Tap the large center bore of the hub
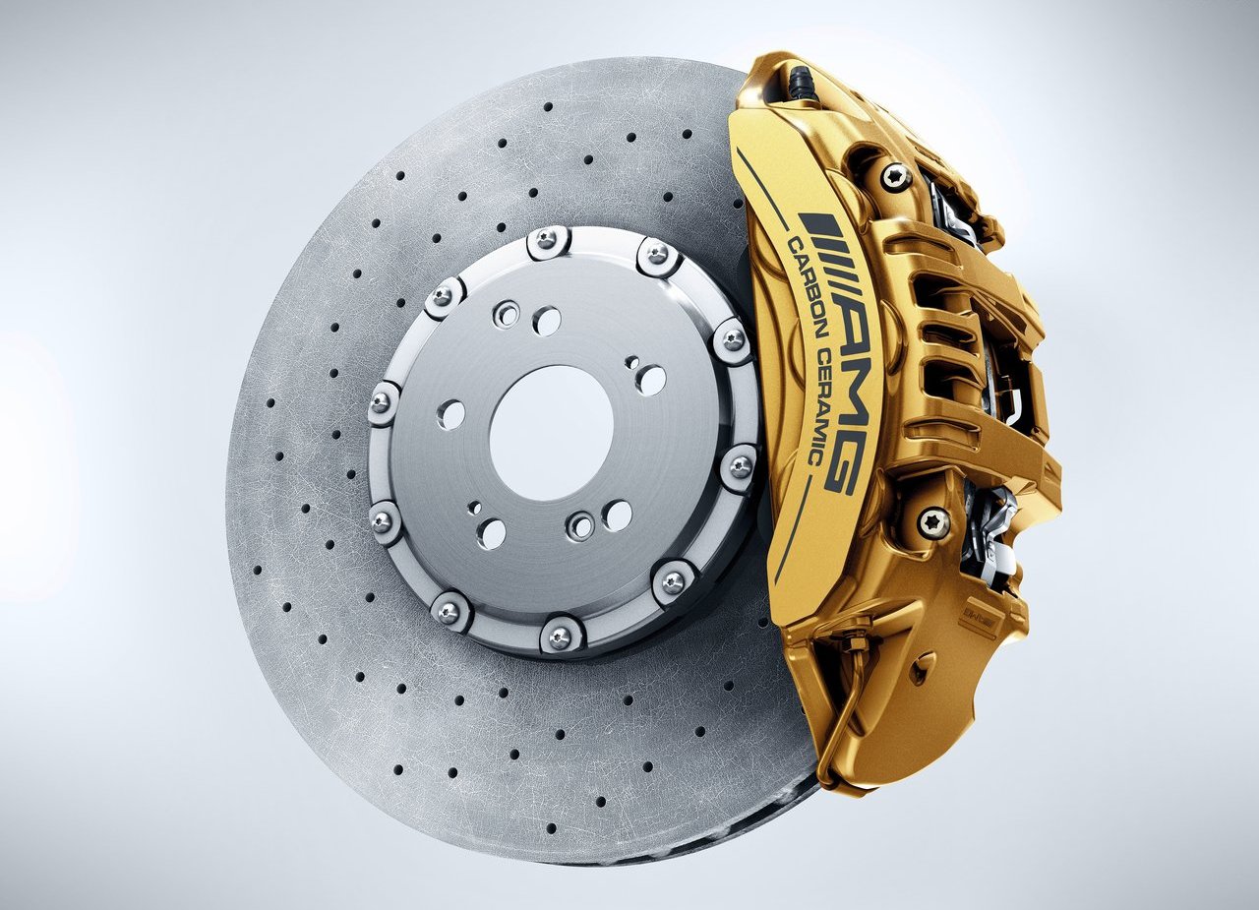point(551,433)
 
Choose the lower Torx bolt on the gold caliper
point(933,523)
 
